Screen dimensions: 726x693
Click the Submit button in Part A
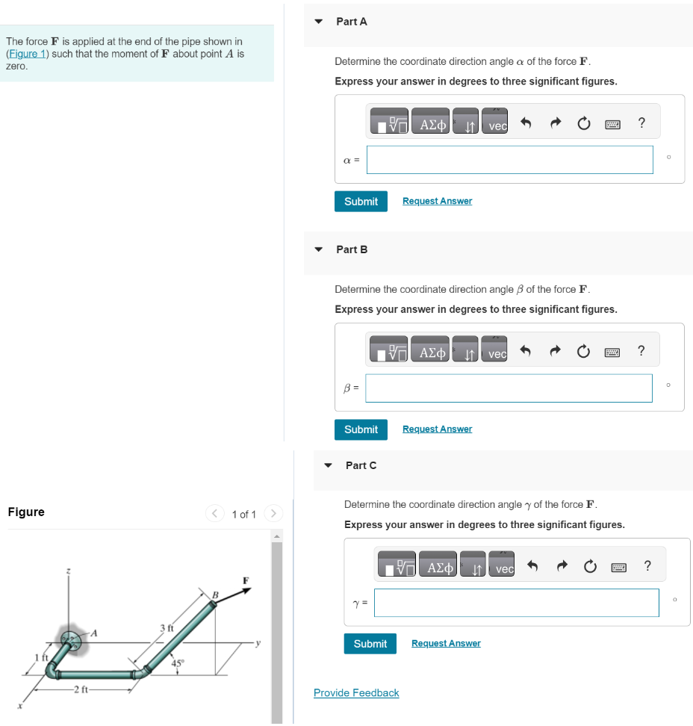pos(361,202)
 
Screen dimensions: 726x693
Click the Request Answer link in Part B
pos(437,429)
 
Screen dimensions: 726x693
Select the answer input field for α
pos(509,160)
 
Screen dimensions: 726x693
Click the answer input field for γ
pos(516,603)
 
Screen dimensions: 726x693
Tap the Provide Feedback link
pos(356,693)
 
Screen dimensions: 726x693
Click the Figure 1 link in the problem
pos(27,54)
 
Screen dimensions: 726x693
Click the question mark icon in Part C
pos(647,566)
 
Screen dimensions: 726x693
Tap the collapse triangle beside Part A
pos(319,22)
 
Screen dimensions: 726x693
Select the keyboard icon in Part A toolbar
pos(612,125)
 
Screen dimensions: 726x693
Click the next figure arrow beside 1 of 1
pos(274,514)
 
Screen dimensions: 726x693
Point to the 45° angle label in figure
pos(178,663)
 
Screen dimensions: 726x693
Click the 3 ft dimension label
pos(167,628)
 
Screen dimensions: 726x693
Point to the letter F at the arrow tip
pos(244,580)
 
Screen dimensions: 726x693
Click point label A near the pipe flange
pos(94,633)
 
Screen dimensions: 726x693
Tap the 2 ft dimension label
pos(80,689)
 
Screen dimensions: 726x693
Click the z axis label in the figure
pos(69,571)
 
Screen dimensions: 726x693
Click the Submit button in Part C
pos(370,644)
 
